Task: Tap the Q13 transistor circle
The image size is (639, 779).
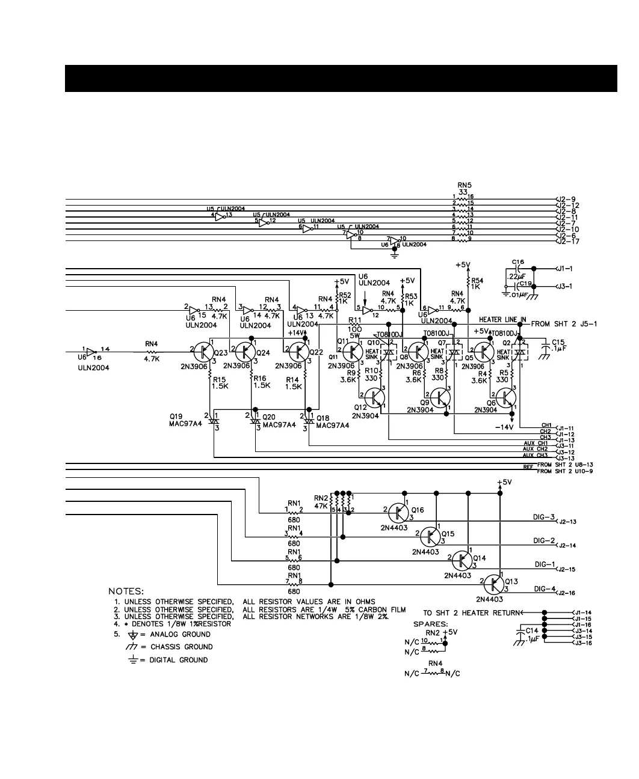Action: (493, 583)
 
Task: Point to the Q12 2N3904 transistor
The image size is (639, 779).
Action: (375, 397)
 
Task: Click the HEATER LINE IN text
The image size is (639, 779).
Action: (502, 320)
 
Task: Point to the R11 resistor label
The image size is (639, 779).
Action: (354, 320)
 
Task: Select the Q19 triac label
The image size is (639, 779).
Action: (176, 416)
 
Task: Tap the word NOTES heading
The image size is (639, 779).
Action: (125, 591)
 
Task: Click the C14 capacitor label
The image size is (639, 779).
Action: (532, 631)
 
